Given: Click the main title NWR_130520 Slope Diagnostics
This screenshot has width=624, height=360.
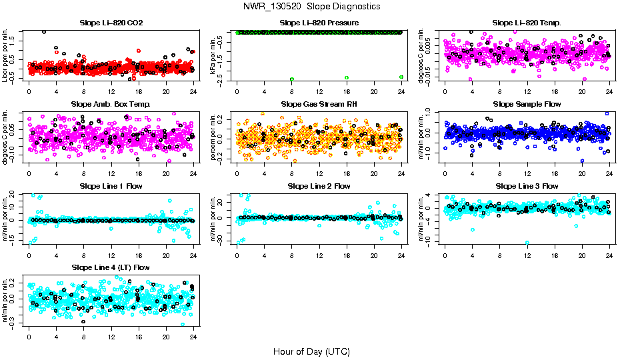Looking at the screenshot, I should coord(312,6).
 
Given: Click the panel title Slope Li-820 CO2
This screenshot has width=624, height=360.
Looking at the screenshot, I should coord(111,23).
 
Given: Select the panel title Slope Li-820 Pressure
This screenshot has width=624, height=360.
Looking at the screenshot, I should coord(319,23).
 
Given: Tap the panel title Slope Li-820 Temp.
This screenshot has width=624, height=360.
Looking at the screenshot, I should coord(527,23).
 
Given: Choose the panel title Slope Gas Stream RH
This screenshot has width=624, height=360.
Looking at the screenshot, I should coord(319,104).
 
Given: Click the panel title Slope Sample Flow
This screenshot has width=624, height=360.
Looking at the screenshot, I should coord(527,104).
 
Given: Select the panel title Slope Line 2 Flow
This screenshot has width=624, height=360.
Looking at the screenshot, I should coord(319,186).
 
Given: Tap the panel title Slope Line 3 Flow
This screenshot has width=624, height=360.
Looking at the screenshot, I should coord(527,186).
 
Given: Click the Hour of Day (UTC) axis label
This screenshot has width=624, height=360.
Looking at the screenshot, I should coord(311,351).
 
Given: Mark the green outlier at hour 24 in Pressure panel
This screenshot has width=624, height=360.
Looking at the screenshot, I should coord(401,77).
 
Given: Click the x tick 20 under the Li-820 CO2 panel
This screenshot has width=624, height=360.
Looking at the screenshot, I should coord(166,92).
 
